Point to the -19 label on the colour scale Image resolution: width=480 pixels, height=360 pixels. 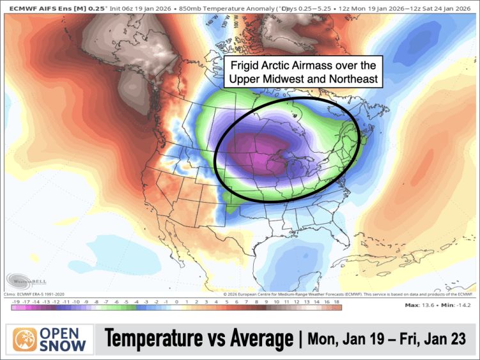(16, 301)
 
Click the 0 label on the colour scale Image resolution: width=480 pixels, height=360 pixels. (175, 301)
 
